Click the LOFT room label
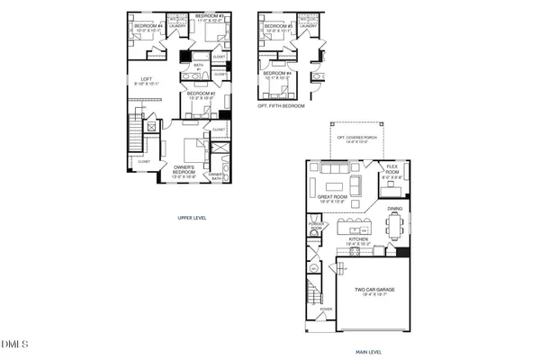[x=139, y=80]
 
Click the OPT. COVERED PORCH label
[x=352, y=139]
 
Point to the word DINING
[x=395, y=209]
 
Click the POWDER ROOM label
[x=315, y=229]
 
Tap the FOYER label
[x=326, y=310]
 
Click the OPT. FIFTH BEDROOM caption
[x=281, y=106]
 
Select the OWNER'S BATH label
[x=216, y=176]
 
